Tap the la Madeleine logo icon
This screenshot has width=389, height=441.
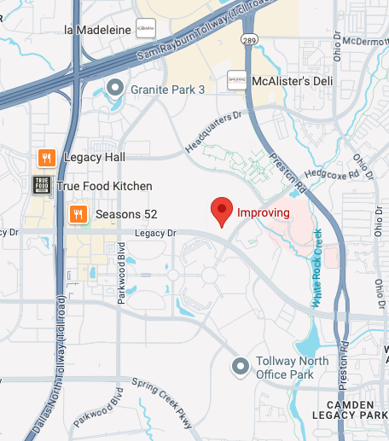[x=147, y=28]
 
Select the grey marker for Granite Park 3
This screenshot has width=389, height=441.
[x=116, y=88]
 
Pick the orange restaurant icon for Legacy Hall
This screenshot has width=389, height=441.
[x=47, y=157]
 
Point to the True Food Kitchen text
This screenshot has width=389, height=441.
[x=104, y=186]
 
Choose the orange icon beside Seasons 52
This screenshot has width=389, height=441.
[x=78, y=213]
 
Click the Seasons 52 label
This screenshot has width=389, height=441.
[x=126, y=213]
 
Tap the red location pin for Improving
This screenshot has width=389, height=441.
[x=222, y=210]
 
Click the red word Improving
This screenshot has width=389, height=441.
[x=263, y=212]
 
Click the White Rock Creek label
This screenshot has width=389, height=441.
[x=317, y=267]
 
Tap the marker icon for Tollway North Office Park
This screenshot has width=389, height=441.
[x=241, y=367]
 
